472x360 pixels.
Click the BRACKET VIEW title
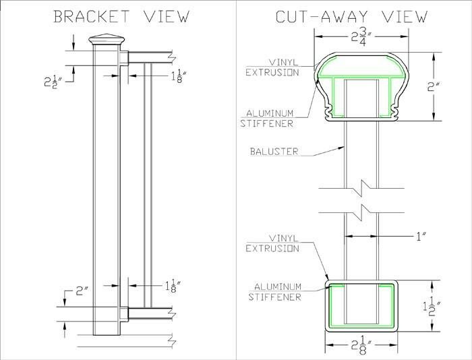click(x=121, y=16)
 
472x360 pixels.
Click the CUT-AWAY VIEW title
click(x=351, y=16)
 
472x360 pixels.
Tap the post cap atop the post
click(x=106, y=40)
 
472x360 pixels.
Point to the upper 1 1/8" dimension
click(x=177, y=76)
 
